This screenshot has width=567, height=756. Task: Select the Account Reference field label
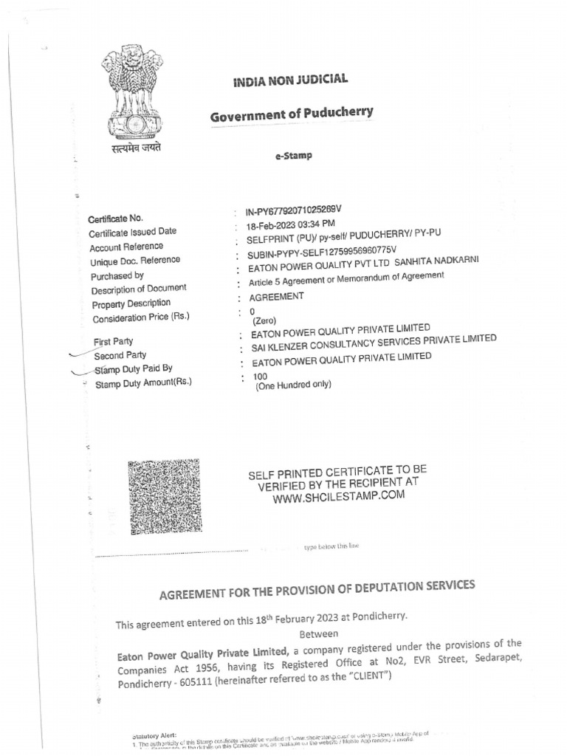126,247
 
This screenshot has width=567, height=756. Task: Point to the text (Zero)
265,321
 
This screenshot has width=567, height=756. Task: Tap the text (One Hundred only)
293,385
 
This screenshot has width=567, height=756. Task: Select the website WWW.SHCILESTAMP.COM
339,497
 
